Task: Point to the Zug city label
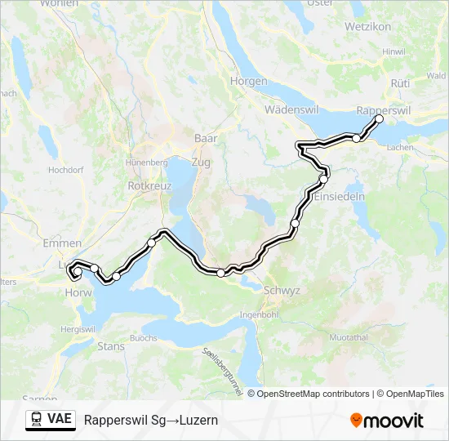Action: click(200, 163)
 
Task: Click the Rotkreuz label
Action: click(148, 185)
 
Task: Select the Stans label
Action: click(111, 346)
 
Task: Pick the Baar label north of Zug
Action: click(206, 139)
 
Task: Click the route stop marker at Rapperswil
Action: click(379, 119)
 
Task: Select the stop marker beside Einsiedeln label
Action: click(324, 178)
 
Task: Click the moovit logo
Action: click(387, 421)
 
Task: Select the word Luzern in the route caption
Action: click(199, 421)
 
